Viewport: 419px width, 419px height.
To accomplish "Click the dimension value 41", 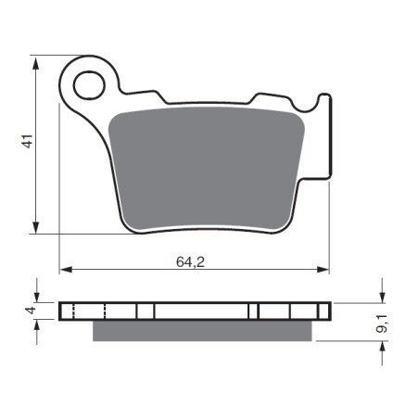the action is tap(29, 141).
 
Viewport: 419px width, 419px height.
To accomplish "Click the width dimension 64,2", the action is tap(190, 262).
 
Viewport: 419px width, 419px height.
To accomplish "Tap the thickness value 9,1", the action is tap(382, 324).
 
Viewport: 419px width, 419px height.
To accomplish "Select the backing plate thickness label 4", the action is tap(31, 311).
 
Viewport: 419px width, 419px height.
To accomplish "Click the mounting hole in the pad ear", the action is tap(89, 85).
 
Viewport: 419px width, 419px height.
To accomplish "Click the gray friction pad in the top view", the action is tap(207, 170).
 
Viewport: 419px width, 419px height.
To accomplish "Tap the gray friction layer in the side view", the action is tap(202, 331).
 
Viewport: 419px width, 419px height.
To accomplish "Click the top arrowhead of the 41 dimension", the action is tap(36, 64).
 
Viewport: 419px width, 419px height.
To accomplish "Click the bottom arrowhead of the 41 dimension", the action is tap(36, 225).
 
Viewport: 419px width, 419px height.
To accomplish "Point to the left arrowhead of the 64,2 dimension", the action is tap(67, 270).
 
